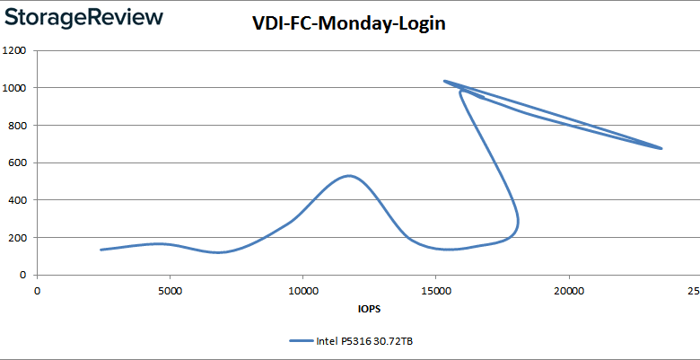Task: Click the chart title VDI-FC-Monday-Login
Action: [x=349, y=24]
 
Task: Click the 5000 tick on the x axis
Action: [x=170, y=291]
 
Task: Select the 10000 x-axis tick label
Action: [x=302, y=291]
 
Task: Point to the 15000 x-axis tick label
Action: [x=435, y=291]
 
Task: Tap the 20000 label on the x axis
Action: [x=568, y=291]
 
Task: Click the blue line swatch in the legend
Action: [x=300, y=341]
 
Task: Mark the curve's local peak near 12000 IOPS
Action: [x=348, y=176]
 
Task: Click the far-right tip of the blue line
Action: [x=661, y=148]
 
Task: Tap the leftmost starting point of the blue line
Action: [x=101, y=250]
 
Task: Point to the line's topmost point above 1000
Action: [x=444, y=81]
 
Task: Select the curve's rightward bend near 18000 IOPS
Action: [x=518, y=220]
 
